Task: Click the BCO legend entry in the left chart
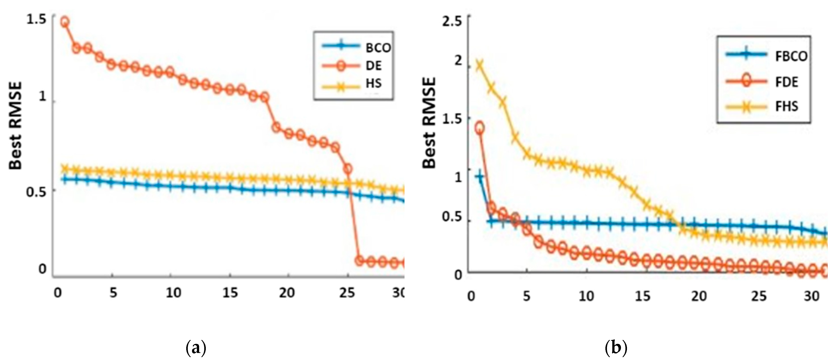(378, 48)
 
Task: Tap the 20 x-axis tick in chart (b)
(699, 296)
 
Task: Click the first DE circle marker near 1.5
(65, 22)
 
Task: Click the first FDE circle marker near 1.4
(480, 127)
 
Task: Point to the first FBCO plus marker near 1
(480, 176)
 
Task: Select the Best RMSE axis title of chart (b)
(429, 123)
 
